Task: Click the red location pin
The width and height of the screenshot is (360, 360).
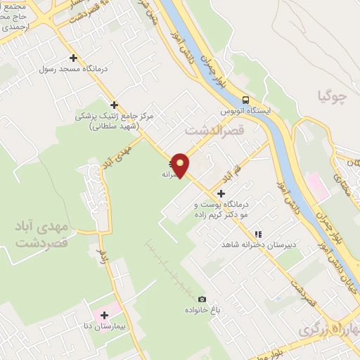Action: point(181,164)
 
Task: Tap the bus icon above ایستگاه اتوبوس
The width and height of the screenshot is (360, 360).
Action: point(245,100)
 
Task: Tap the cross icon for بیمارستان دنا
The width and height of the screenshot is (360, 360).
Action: point(104,315)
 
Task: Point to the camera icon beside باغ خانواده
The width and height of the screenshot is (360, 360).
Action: point(202,300)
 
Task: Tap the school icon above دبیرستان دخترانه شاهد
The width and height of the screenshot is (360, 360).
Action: point(258,233)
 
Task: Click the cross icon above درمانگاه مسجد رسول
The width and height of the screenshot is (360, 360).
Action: point(73,58)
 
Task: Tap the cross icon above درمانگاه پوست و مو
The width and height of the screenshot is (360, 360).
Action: point(221,193)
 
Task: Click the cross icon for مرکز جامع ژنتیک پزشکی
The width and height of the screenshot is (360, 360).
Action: point(114,105)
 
